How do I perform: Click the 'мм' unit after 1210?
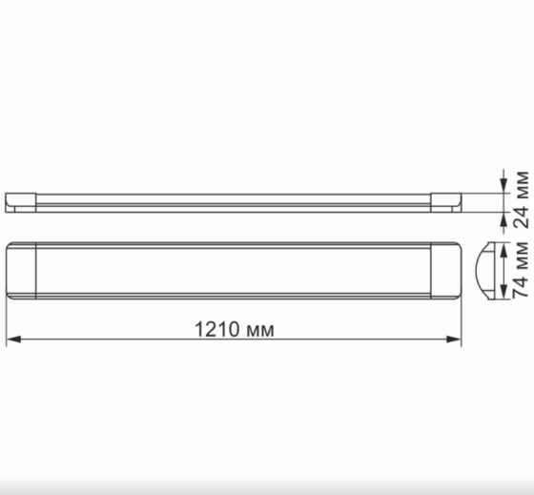point(258,330)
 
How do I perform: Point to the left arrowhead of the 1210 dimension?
point(13,340)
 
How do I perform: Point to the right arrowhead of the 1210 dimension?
point(455,340)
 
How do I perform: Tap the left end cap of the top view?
point(21,271)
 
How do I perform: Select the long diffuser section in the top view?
point(234,271)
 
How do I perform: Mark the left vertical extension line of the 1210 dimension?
point(7,324)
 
